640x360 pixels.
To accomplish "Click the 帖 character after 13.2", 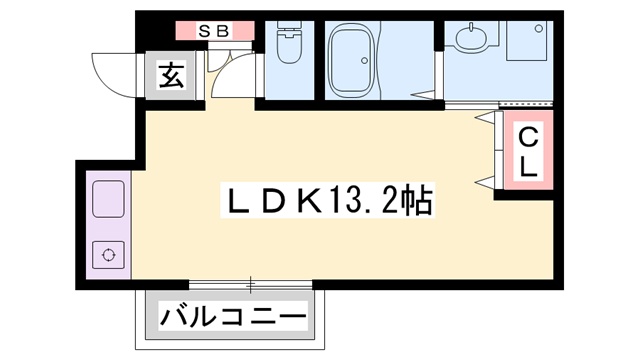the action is pyautogui.click(x=418, y=202).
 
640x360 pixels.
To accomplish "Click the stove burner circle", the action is pyautogui.click(x=107, y=255).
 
